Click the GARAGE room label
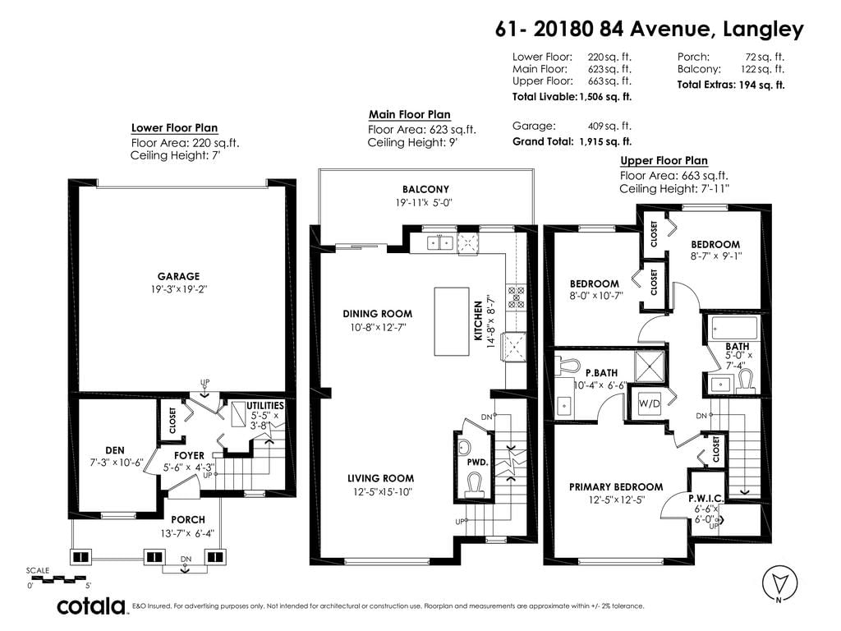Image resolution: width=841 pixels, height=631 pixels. (x=178, y=276)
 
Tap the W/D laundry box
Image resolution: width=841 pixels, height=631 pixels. (x=649, y=403)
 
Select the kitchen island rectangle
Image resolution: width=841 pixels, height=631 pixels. (x=451, y=321)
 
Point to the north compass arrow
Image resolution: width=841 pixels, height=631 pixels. (x=780, y=582)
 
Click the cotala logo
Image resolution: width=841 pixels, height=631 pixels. (x=91, y=606)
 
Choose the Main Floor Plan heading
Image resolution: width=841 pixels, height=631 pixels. (x=409, y=114)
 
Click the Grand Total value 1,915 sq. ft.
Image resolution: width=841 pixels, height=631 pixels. (x=605, y=141)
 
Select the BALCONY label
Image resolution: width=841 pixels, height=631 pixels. (x=425, y=189)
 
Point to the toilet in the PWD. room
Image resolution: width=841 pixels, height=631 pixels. (x=474, y=483)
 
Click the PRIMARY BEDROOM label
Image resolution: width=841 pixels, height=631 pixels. (x=616, y=486)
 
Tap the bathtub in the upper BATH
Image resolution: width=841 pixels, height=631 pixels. (x=733, y=328)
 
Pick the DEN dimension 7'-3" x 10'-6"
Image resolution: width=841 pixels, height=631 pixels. (x=117, y=462)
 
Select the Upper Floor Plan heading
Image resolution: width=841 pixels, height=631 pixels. (x=664, y=160)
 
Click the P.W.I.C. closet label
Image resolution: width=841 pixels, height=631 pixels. (x=705, y=499)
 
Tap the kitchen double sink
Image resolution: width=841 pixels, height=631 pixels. (x=440, y=242)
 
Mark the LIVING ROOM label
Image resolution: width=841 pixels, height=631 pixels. (x=380, y=478)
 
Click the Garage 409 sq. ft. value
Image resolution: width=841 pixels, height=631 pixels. (x=610, y=126)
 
